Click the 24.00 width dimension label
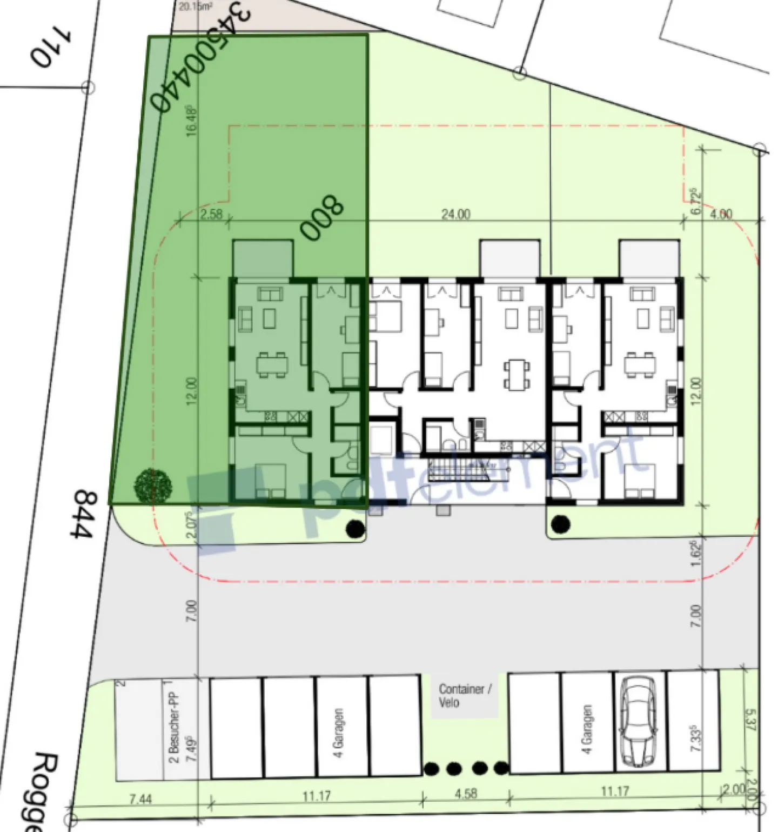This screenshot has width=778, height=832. [x=455, y=215]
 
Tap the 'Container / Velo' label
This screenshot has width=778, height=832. [x=465, y=695]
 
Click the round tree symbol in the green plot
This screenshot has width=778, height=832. [x=153, y=485]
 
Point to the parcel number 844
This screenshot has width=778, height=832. [x=83, y=514]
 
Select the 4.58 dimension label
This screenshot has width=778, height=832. [x=465, y=794]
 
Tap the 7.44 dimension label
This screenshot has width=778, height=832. [x=140, y=798]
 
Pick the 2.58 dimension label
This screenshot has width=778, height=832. [x=211, y=214]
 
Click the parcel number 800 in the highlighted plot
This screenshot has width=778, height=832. [x=322, y=217]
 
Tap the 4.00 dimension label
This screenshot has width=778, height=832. [x=721, y=214]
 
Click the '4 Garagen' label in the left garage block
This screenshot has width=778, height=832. [x=338, y=733]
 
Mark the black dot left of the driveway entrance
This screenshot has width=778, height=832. [x=354, y=529]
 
